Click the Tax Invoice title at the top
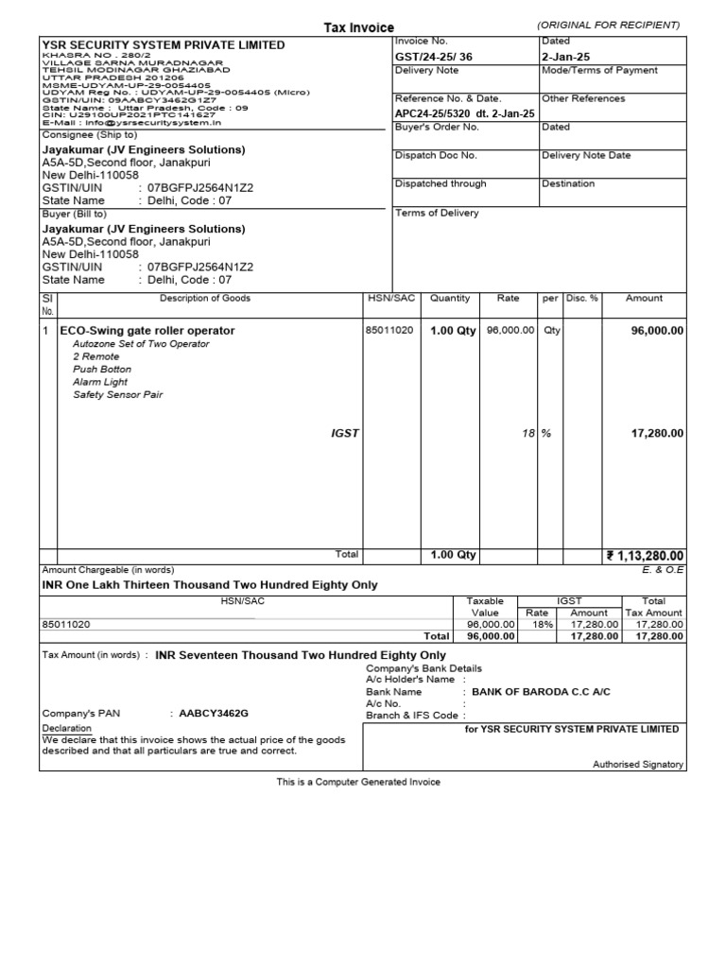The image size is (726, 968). coord(359,28)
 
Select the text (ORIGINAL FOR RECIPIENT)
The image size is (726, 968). coord(608,25)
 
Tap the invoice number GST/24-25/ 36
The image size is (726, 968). coord(424,57)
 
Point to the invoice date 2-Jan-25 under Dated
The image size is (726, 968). coord(565,57)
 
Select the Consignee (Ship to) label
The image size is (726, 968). coord(90,135)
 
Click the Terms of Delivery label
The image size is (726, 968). coord(437,213)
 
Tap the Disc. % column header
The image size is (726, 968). coord(582,299)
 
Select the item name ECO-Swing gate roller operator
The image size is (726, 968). coord(147,331)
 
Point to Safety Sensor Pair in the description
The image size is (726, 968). coord(118,395)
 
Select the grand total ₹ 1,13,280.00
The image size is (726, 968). coord(645,556)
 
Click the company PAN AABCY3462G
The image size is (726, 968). coord(215,713)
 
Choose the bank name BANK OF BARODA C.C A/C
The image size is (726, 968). coord(541,692)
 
